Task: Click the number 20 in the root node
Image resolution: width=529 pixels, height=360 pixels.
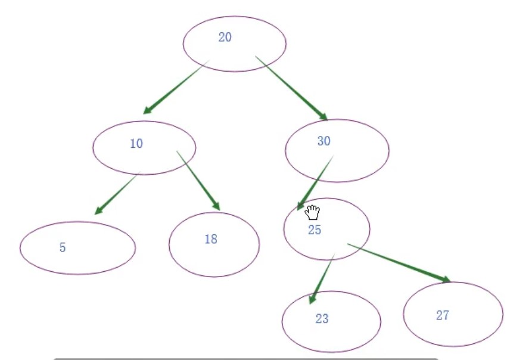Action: (225, 38)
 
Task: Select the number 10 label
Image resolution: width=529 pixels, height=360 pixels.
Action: (136, 144)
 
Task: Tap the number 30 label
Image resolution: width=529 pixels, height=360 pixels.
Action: (323, 141)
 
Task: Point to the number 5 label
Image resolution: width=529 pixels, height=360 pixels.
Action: (63, 248)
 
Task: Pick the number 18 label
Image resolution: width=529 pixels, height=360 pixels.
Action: (210, 240)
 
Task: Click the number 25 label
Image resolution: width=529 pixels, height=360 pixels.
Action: (315, 231)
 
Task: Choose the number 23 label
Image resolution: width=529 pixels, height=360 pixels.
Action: (322, 319)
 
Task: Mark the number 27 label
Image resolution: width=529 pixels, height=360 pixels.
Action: (442, 316)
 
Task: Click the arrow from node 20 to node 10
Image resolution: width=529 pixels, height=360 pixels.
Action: (176, 86)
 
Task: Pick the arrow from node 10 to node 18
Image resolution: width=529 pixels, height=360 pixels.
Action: (198, 180)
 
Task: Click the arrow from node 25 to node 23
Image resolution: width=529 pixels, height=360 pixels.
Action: (323, 278)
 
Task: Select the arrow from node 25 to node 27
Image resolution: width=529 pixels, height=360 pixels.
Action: (398, 262)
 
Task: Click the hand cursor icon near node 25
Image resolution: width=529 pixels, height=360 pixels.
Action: (313, 212)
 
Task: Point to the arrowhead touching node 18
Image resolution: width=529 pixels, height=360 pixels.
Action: (216, 206)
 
